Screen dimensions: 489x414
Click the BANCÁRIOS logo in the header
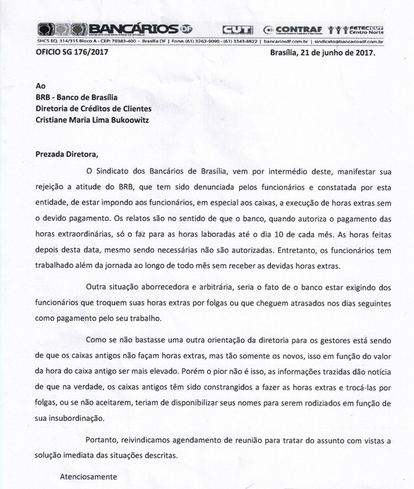click(x=109, y=29)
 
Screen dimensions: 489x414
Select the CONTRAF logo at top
click(x=292, y=29)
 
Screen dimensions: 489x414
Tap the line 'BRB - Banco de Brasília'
click(x=77, y=98)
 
